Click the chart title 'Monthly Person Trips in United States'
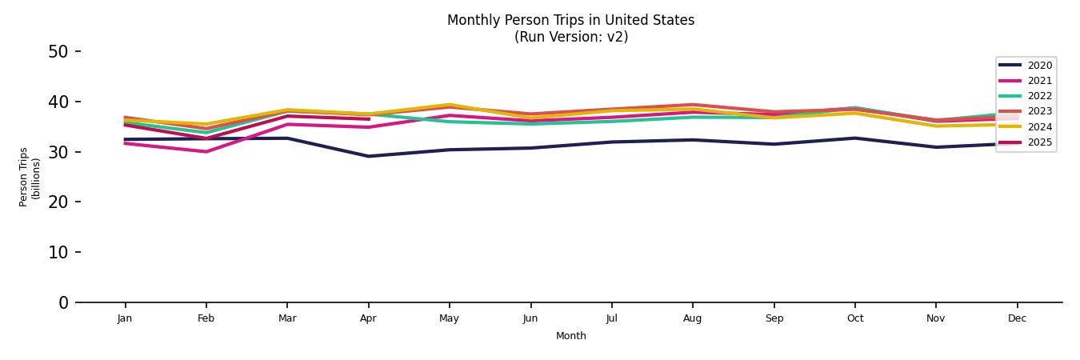[570, 20]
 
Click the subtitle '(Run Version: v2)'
[570, 37]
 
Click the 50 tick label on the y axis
[58, 52]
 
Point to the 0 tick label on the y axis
[64, 302]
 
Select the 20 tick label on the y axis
[58, 202]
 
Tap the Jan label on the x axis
[124, 318]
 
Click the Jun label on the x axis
[530, 318]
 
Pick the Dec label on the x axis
[1017, 318]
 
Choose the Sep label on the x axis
[774, 318]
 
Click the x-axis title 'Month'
[570, 336]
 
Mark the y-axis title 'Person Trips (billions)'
[30, 177]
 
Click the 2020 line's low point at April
[368, 156]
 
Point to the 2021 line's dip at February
[206, 151]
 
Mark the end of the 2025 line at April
[368, 119]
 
